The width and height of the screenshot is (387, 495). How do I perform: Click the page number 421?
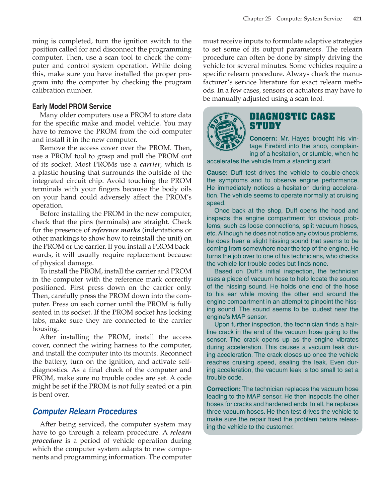(x=357, y=19)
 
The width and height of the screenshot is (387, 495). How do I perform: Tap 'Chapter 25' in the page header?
(x=257, y=19)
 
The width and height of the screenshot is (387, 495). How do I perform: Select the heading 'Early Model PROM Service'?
(x=72, y=106)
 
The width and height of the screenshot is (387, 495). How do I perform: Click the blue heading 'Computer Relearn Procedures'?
(x=85, y=411)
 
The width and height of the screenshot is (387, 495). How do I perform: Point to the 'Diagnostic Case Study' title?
(x=292, y=121)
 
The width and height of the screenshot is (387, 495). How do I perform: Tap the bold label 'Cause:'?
(x=217, y=173)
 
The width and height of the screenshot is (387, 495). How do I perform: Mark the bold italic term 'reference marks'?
(x=116, y=230)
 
